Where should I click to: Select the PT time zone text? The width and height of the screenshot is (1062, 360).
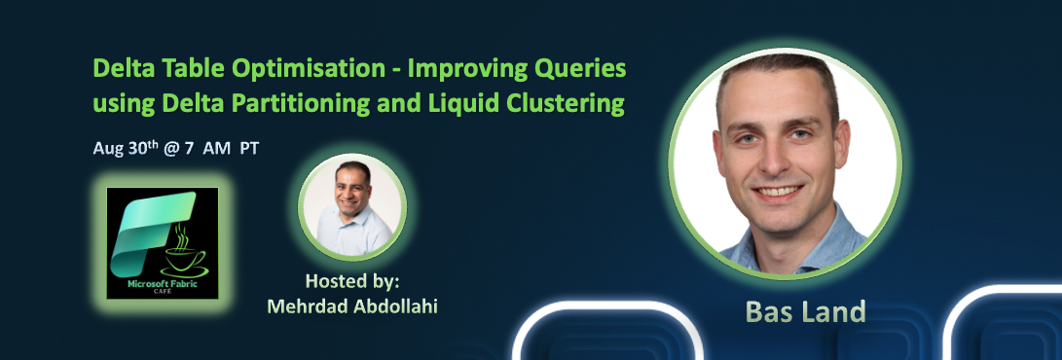click(x=249, y=150)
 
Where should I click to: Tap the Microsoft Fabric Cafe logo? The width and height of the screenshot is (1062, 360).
click(x=162, y=242)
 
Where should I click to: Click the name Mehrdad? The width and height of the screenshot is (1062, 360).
click(x=307, y=306)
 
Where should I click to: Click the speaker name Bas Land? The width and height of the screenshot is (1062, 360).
click(x=791, y=311)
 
